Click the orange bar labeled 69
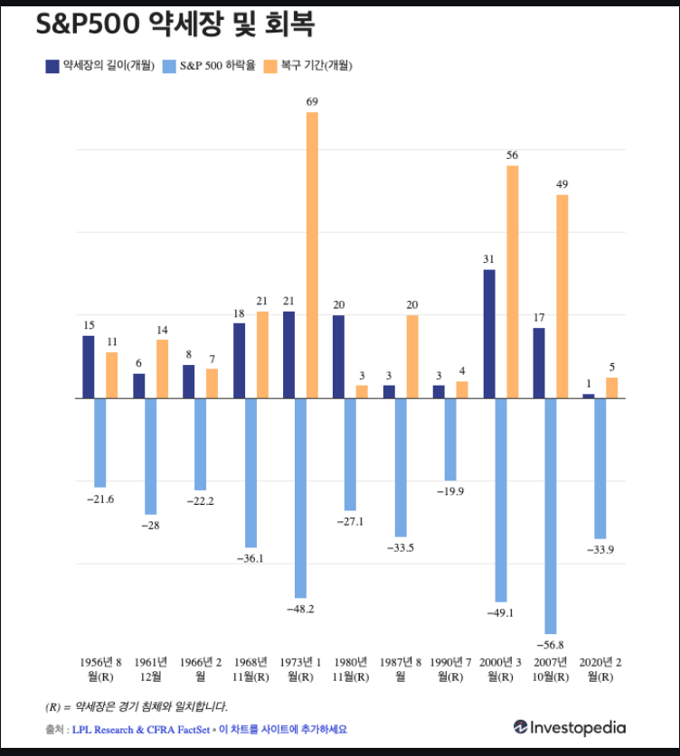312,255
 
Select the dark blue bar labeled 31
489,333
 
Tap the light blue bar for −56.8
551,515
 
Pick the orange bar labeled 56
513,282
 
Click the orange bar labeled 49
562,296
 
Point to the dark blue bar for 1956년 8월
89,367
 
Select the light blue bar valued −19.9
450,439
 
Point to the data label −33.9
600,550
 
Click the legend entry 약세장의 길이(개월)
100,65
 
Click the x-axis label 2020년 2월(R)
600,668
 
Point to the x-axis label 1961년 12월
150,668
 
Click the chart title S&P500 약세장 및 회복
175,24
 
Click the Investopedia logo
570,727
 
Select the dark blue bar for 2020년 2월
589,396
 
